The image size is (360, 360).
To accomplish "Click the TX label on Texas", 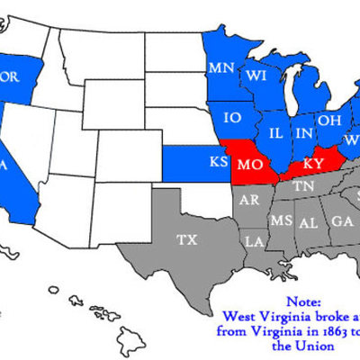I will pyautogui.click(x=186, y=240).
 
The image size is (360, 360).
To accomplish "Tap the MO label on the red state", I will pyautogui.click(x=249, y=165).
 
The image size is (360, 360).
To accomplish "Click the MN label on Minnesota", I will pyautogui.click(x=221, y=68).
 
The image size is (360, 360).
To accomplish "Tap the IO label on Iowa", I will pyautogui.click(x=231, y=117).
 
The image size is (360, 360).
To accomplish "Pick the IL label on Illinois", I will pyautogui.click(x=277, y=132).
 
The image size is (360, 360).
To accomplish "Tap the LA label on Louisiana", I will pyautogui.click(x=255, y=241).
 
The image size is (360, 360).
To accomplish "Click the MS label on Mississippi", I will pyautogui.click(x=282, y=220).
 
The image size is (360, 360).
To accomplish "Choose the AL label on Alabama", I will pyautogui.click(x=309, y=221).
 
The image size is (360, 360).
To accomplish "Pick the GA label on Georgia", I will pyautogui.click(x=342, y=221).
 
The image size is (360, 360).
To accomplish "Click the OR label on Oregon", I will pyautogui.click(x=12, y=76).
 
